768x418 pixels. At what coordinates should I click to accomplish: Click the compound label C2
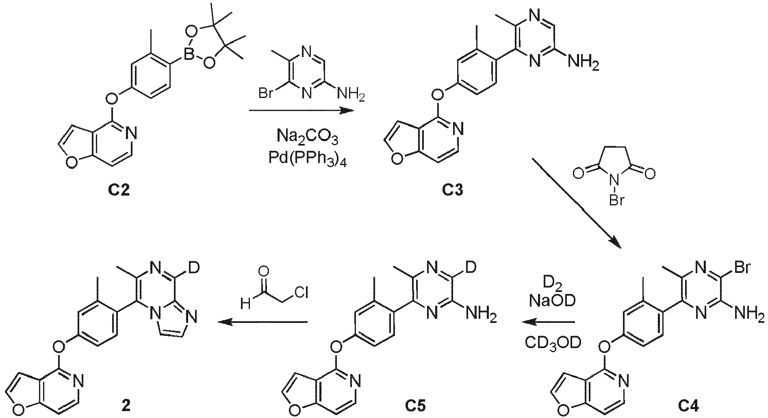pos(119,190)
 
